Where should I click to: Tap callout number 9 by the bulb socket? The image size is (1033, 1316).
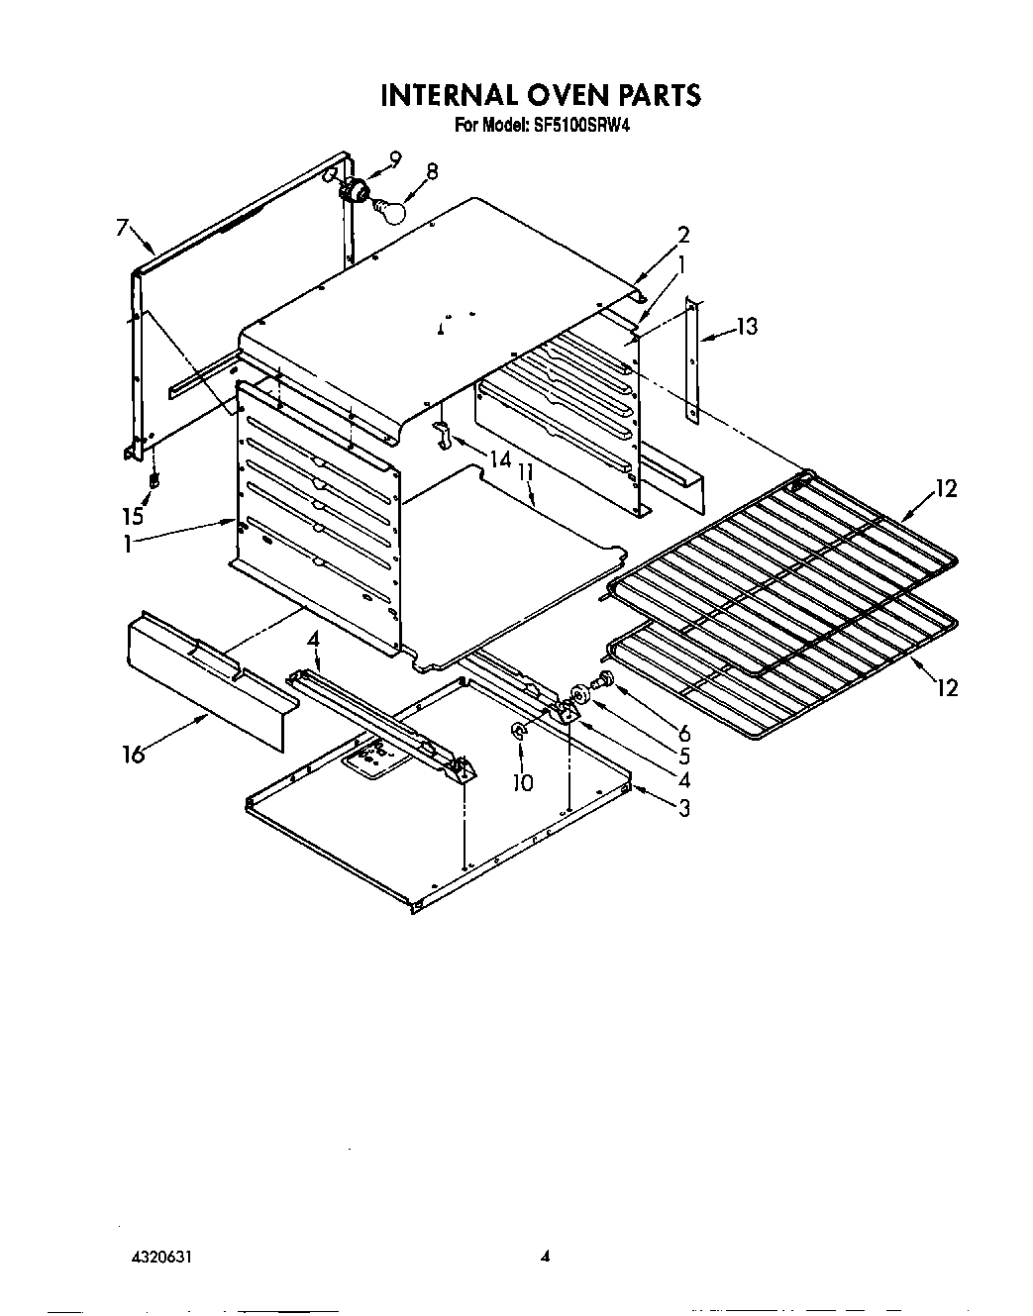tap(395, 158)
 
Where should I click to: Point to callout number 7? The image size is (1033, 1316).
tap(121, 229)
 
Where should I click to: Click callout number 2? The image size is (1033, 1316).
tap(682, 235)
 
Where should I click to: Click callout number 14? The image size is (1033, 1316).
tap(500, 459)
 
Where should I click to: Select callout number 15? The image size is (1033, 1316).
tap(133, 516)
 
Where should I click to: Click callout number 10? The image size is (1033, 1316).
tap(522, 782)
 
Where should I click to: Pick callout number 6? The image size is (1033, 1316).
tap(683, 734)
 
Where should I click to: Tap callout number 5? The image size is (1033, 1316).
tap(683, 758)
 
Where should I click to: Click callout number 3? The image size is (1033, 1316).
tap(683, 808)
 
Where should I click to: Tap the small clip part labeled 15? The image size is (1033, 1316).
tap(154, 481)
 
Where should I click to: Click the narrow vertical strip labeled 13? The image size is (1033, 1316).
tap(694, 361)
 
